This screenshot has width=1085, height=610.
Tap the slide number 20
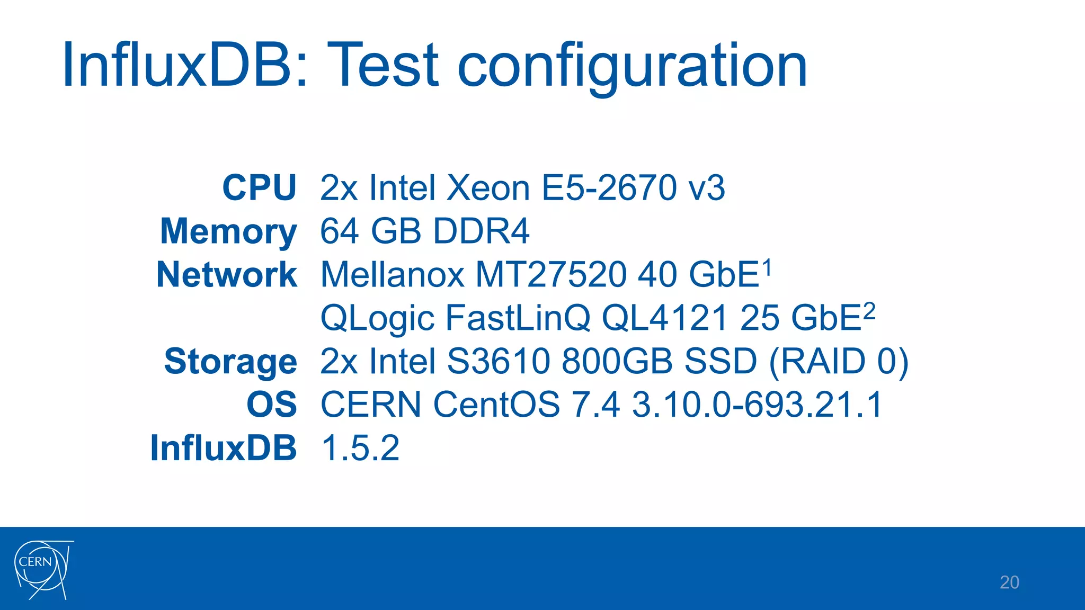pos(1009,582)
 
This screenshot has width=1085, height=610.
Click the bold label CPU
pos(259,187)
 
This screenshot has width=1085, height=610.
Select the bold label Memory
pos(228,232)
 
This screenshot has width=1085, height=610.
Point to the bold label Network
pos(227,275)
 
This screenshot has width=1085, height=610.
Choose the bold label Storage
pos(230,362)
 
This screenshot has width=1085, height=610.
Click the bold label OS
pos(272,405)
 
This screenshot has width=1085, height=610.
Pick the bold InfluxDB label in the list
pos(223,448)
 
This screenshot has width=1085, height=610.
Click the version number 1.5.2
pos(360,448)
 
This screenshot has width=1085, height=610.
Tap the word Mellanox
pos(392,275)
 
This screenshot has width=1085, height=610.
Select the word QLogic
pos(377,319)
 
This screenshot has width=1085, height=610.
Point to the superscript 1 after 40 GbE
pos(767,267)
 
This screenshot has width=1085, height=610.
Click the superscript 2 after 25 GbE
pos(869,311)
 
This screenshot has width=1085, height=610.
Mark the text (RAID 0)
pos(838,362)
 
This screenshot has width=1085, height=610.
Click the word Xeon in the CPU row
pos(488,187)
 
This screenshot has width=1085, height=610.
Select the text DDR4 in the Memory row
pos(481,231)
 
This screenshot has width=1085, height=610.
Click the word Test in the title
pos(383,66)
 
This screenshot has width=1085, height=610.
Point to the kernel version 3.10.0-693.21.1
pos(757,405)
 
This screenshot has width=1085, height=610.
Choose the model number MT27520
pos(551,275)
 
